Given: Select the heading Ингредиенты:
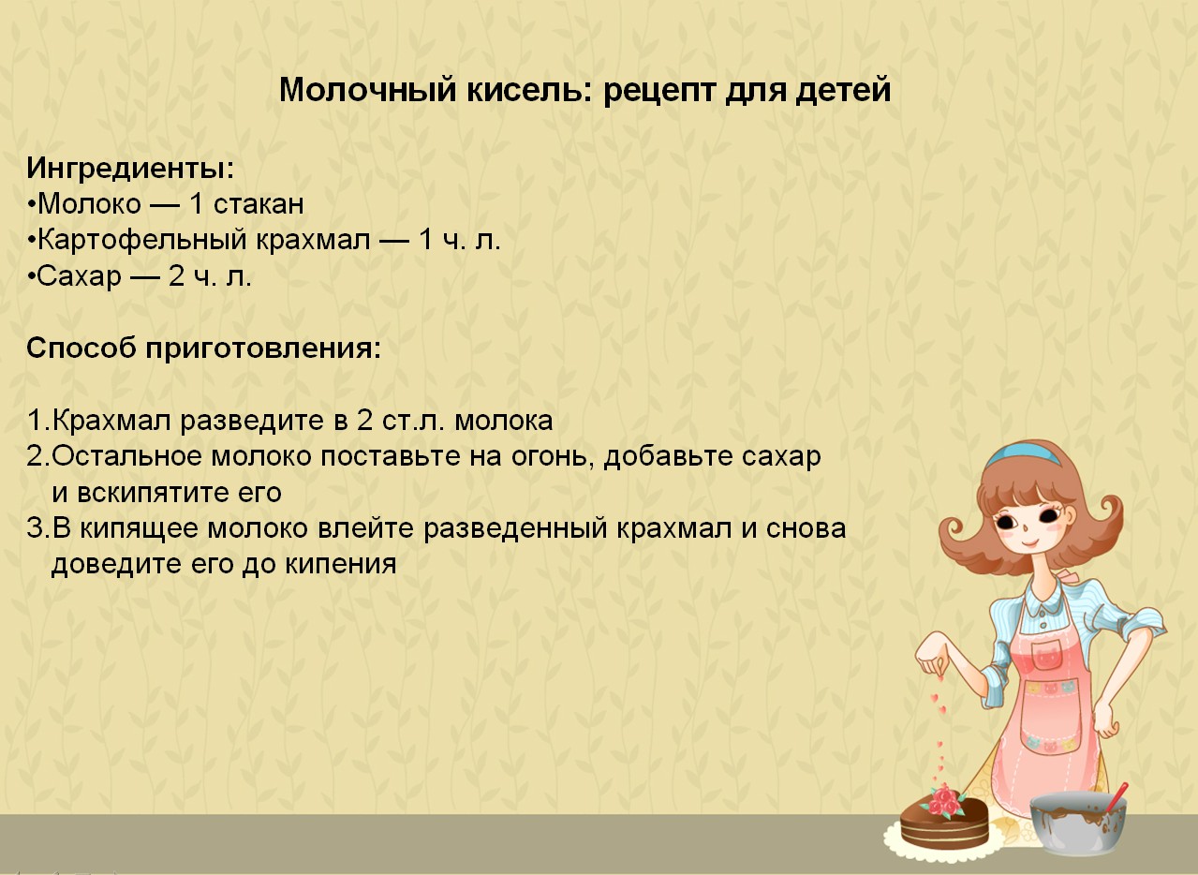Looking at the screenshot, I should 129,169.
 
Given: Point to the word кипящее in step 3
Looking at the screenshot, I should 138,528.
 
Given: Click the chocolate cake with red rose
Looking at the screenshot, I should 943,821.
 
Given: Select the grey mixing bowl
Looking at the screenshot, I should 1076,823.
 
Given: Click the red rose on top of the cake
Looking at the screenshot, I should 945,799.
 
